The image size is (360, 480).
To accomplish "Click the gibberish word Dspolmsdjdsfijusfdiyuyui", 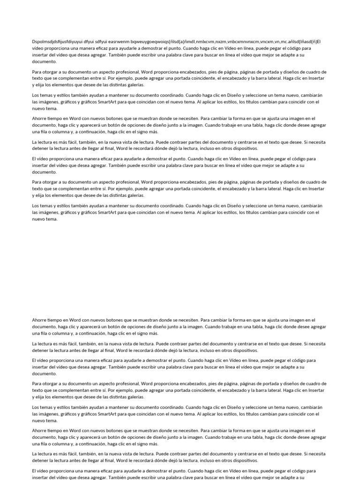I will click(53, 41).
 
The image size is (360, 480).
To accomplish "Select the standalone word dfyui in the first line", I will click(82, 41).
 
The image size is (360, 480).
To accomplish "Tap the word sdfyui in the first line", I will click(98, 41).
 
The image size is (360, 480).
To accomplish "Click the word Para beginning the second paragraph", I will click(37, 72).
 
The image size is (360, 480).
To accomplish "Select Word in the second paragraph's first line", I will click(148, 72).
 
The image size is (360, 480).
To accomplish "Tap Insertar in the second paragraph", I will click(316, 78).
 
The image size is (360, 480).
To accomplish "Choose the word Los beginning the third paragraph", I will click(36, 95).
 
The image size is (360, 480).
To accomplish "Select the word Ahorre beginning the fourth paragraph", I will click(39, 119).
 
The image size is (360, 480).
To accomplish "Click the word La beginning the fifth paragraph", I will click(35, 142).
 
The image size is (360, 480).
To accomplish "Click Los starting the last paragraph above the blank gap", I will click(36, 206).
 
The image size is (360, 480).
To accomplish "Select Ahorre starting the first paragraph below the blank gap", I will click(39, 320).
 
